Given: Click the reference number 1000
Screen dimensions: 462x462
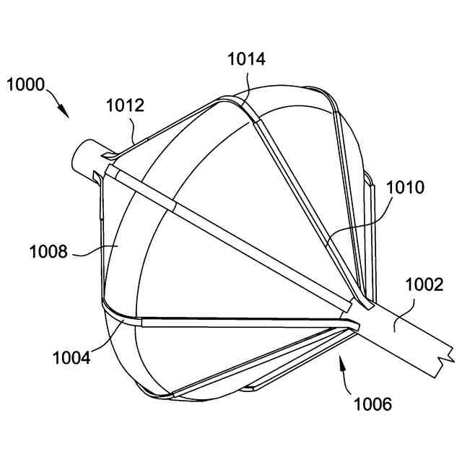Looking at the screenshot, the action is tap(26, 85).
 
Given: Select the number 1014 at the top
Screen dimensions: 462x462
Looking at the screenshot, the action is tap(246, 59).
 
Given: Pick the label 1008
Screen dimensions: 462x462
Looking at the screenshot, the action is tap(48, 252).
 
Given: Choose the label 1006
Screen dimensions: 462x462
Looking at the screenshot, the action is tap(372, 404).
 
